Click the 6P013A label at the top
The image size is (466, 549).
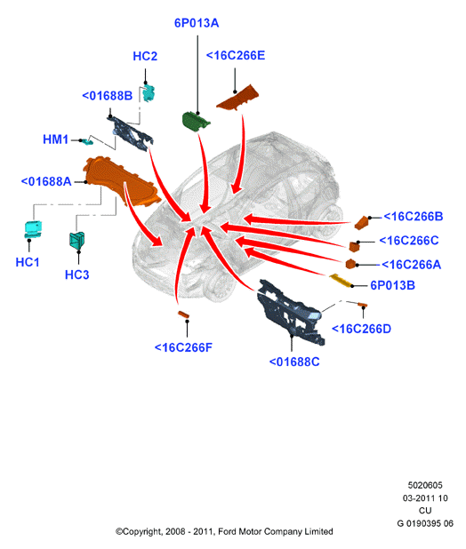(x=197, y=23)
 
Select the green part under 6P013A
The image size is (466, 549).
(x=196, y=121)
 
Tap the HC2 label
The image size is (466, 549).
(x=145, y=56)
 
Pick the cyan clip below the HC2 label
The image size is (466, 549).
(x=149, y=92)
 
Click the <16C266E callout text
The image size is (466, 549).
(x=236, y=55)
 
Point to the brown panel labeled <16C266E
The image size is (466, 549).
(x=238, y=98)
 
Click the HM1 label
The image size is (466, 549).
(x=55, y=139)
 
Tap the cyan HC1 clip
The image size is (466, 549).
(x=33, y=229)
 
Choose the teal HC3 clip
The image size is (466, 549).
(x=77, y=240)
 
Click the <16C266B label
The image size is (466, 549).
(x=414, y=217)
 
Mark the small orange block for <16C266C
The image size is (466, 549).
(x=354, y=246)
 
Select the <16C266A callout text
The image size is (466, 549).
(x=412, y=265)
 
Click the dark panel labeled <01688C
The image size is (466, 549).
(x=290, y=312)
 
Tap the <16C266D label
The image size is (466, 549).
(x=361, y=329)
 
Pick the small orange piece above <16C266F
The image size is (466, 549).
(x=183, y=314)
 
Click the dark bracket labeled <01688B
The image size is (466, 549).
(x=130, y=133)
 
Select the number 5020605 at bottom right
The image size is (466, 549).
(x=425, y=485)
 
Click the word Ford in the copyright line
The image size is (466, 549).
(x=227, y=531)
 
